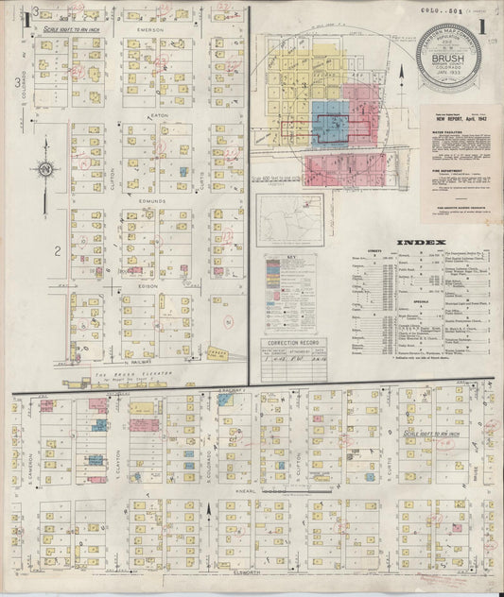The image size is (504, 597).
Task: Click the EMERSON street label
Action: tap(150, 30)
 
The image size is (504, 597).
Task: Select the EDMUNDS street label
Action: tap(150, 200)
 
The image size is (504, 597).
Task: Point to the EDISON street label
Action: tap(150, 286)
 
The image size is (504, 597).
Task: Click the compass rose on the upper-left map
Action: tap(43, 170)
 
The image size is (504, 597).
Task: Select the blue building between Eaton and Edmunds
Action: tap(184, 172)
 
